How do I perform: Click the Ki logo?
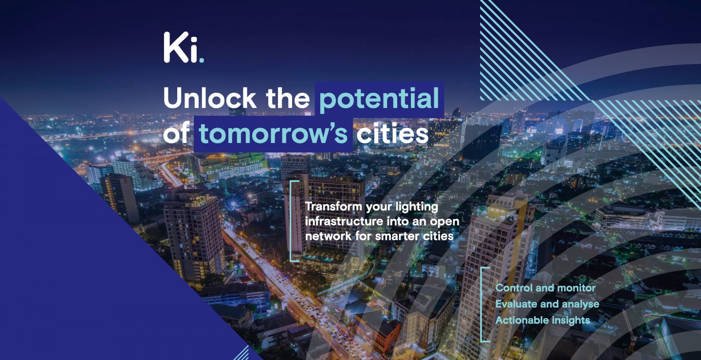(x=184, y=48)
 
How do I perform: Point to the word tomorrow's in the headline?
(x=273, y=134)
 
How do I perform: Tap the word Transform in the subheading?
(x=333, y=206)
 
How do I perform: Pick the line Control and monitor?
(x=545, y=288)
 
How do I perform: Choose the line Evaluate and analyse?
(x=547, y=304)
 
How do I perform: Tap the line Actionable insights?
(x=543, y=320)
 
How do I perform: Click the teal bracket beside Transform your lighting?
(x=291, y=221)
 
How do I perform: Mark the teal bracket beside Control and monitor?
(x=481, y=305)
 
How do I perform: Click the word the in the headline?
(x=288, y=98)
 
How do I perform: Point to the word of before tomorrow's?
(x=176, y=133)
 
